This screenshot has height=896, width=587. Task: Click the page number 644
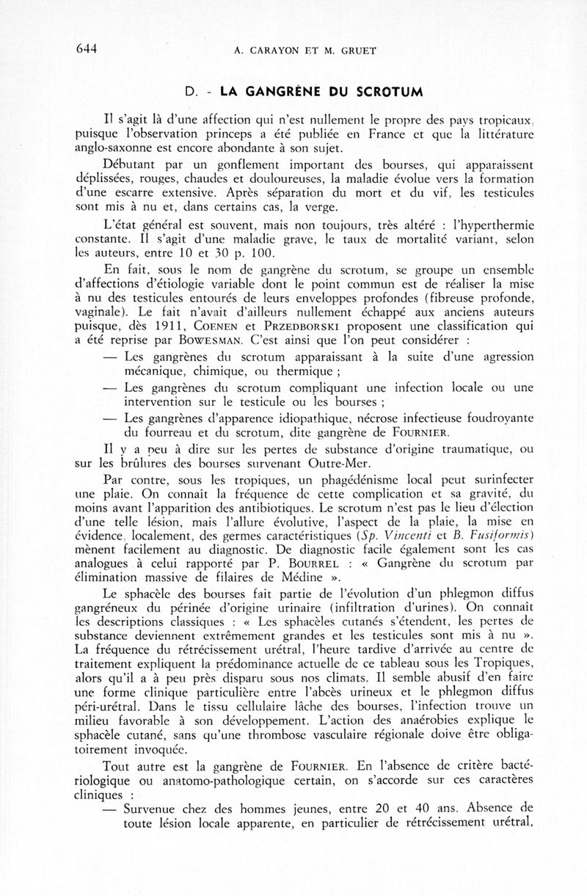[87, 49]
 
